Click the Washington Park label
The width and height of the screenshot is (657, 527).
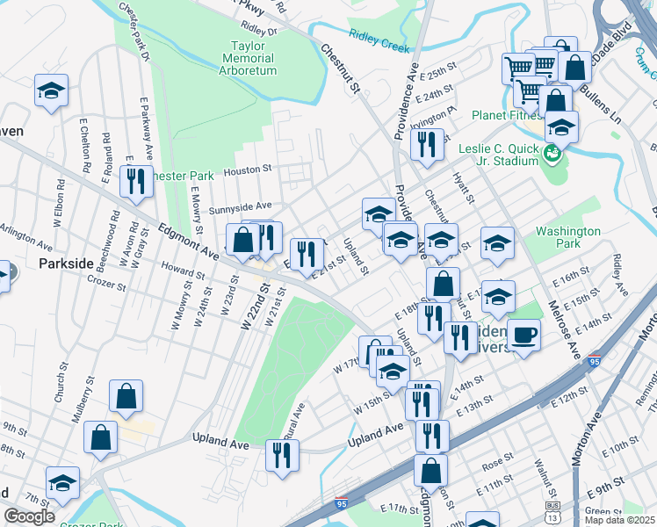(x=568, y=238)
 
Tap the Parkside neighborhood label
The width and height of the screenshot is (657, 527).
(x=66, y=263)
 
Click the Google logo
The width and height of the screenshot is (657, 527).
(x=29, y=516)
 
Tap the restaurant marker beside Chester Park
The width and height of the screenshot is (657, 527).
(x=136, y=181)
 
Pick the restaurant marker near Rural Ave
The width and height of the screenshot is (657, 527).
(x=282, y=454)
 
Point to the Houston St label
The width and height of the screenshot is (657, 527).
(x=249, y=167)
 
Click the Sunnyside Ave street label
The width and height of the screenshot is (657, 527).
(x=240, y=208)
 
